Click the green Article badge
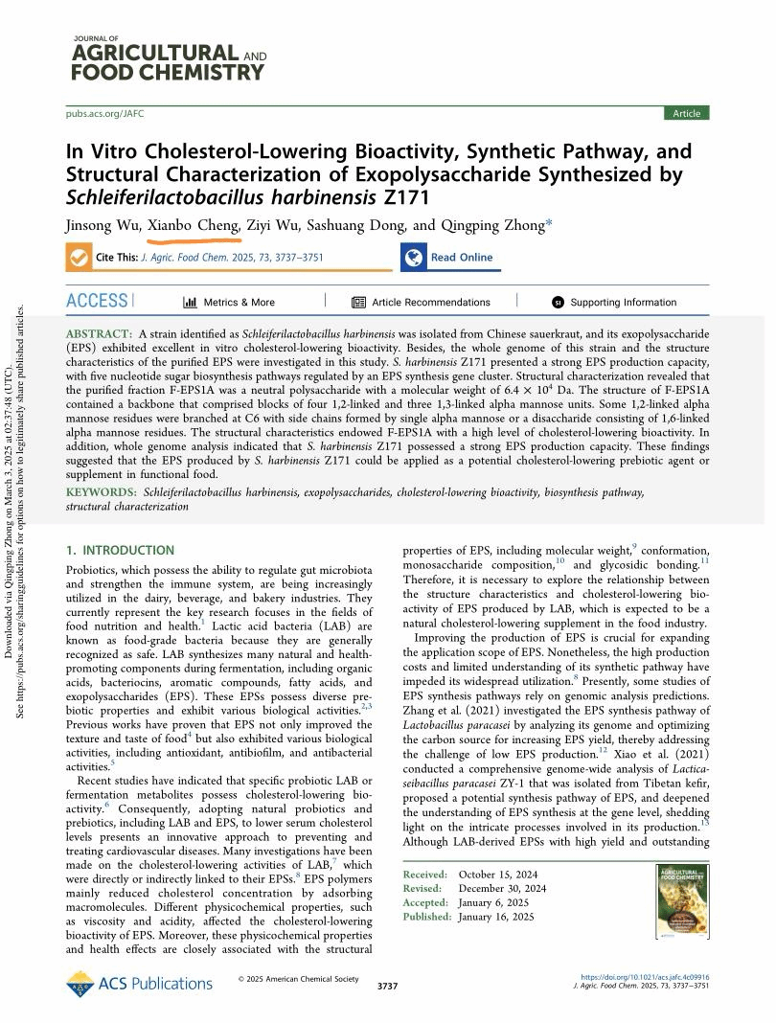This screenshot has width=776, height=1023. tap(687, 113)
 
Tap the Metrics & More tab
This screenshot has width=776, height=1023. tap(229, 302)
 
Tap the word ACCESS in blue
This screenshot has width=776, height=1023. tap(97, 301)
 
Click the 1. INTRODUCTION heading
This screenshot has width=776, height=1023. tap(120, 551)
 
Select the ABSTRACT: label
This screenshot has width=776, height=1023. tap(98, 330)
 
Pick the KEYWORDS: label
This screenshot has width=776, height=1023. tap(102, 492)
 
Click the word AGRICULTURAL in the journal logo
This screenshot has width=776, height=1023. tap(155, 53)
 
